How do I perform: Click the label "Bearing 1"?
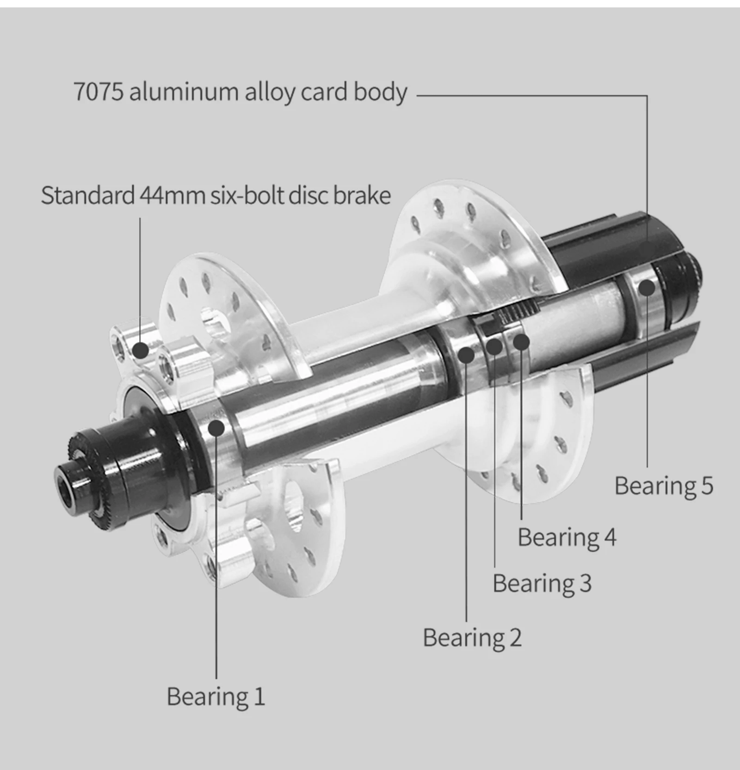coord(216,696)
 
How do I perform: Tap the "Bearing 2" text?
coord(472,638)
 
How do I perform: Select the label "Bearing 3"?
coord(542,583)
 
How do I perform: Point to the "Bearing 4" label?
coord(567,537)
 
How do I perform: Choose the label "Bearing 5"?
coord(664,486)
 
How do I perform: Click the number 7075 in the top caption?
coord(99,92)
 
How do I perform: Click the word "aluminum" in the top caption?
coord(184,92)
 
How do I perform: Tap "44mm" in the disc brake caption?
coord(172,195)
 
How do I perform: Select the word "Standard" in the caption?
coord(87,195)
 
